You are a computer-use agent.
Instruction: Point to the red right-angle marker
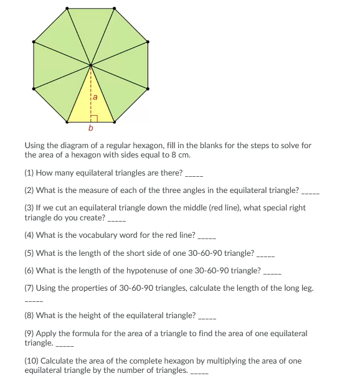[x=93, y=118]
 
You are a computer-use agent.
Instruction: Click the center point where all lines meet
[x=91, y=64]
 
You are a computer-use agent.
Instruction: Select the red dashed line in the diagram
[x=91, y=93]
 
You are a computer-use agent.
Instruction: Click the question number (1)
[x=29, y=172]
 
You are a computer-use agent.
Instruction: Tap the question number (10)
[x=32, y=360]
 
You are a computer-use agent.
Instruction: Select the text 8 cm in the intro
[x=181, y=154]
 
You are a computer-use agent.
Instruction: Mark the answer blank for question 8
[x=206, y=316]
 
